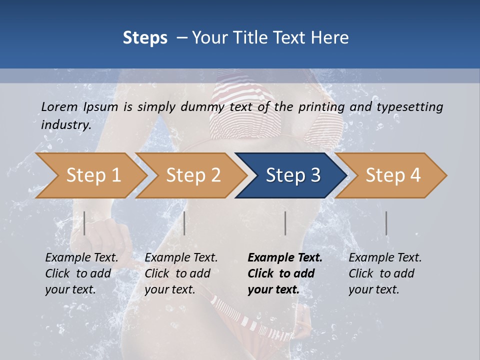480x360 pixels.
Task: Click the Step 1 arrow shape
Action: (x=90, y=175)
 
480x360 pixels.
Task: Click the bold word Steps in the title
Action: (x=145, y=38)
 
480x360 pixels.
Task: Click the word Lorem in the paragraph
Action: (x=59, y=106)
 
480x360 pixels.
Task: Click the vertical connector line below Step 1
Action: (x=84, y=223)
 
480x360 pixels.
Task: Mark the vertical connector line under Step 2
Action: (x=184, y=223)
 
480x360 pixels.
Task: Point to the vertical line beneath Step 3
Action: (x=285, y=223)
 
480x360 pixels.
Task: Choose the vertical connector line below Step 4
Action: (x=386, y=223)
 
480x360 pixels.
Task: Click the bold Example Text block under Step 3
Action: (x=285, y=273)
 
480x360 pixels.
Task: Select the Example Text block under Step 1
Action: (x=81, y=273)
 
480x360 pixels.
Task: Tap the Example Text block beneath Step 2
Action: (x=181, y=273)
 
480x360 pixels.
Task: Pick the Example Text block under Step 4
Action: (x=385, y=273)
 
